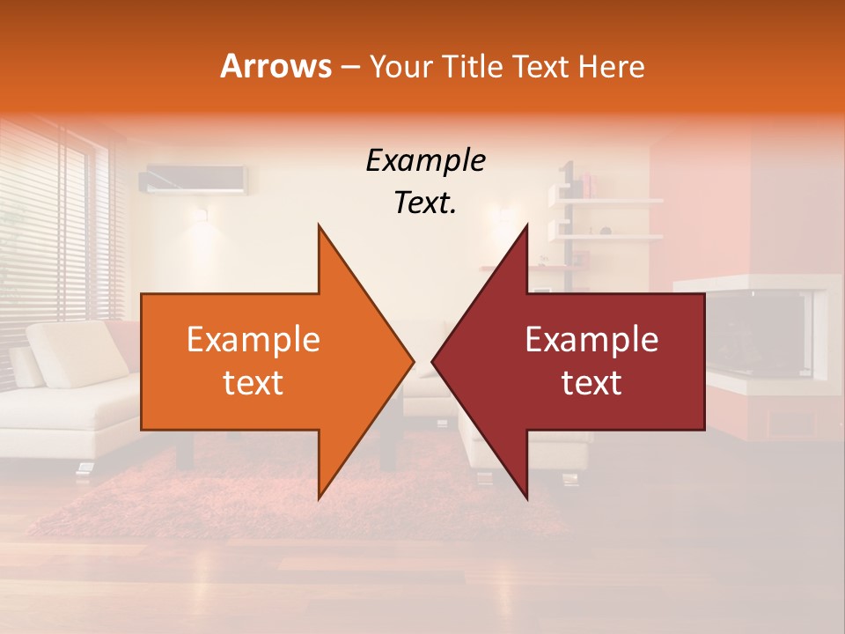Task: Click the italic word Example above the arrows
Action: coord(425,162)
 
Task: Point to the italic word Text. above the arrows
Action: coord(425,203)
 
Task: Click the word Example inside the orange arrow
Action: coord(253,340)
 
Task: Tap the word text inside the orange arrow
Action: coord(253,383)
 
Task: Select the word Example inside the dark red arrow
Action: coord(591,340)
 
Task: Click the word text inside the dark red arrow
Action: coord(591,383)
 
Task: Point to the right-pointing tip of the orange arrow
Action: coord(412,362)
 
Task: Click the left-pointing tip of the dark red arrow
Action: coord(434,362)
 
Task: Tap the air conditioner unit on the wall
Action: coord(194,180)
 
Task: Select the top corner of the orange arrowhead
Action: coord(319,225)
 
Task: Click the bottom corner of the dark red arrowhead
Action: coord(526,498)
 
